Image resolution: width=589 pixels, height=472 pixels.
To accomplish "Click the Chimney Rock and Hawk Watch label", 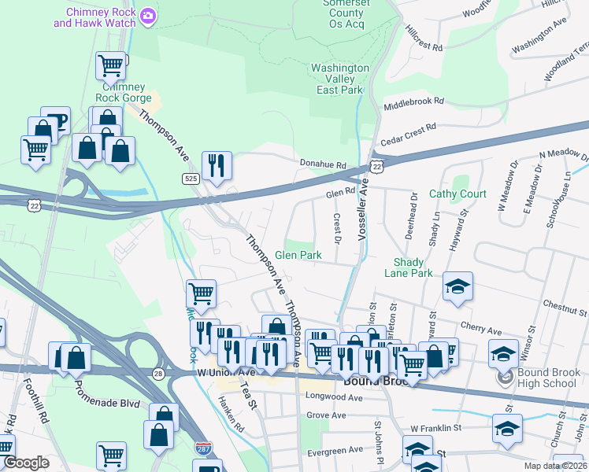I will pos(94,17).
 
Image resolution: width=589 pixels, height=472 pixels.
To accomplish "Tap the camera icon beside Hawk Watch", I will pos(147,15).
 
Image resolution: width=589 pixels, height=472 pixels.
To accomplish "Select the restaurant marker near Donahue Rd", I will pos(217,166).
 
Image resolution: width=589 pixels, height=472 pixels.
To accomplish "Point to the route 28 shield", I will pos(158,372).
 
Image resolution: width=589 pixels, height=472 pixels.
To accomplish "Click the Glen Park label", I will pos(298,256).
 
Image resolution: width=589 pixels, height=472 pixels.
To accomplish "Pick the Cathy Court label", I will pos(457,194).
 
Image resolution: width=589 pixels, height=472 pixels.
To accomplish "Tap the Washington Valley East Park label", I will pos(339,79).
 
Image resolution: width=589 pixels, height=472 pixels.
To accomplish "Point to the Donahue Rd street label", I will pos(323,164).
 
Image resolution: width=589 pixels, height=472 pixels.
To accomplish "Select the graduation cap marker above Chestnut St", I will pos(457,287).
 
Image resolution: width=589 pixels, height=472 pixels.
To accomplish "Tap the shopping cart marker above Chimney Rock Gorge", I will pos(111,65).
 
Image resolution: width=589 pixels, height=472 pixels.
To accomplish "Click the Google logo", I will pos(26,463).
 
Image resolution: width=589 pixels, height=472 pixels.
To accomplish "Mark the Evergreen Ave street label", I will pos(335,450).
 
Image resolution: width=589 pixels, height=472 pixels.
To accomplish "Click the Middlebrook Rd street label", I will pos(413,102).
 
